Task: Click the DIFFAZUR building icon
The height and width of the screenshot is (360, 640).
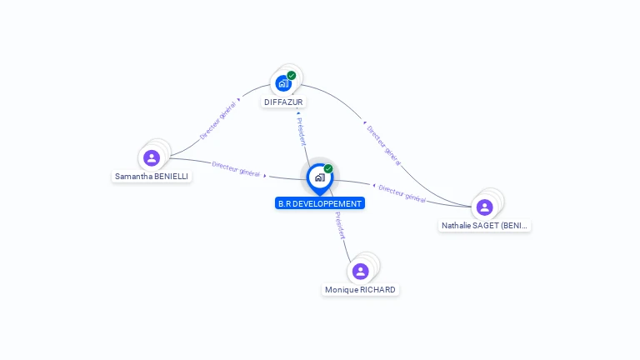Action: pos(283,83)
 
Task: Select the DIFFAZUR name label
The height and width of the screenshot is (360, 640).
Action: pos(283,102)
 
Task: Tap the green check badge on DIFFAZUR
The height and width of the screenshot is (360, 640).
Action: pos(292,76)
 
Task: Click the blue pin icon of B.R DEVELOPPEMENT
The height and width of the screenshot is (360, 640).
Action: pos(319,177)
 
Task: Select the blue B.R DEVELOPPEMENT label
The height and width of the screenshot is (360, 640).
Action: pos(320,203)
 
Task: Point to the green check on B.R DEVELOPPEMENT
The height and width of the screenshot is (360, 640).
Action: pos(328,169)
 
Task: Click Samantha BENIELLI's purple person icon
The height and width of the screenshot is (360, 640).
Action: pos(151,157)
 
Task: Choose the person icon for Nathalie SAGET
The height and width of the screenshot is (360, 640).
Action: pos(484,207)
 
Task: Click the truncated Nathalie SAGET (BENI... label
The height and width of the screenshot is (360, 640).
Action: pos(484,226)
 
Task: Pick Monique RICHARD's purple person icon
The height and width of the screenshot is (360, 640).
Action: pos(360,271)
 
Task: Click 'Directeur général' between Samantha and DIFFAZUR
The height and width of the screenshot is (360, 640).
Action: pos(218,121)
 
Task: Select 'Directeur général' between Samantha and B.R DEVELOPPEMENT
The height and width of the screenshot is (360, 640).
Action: pos(236,169)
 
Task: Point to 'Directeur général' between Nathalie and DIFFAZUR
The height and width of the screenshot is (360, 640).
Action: pos(383,145)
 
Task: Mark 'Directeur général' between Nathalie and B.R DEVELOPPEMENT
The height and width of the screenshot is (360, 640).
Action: pos(402,193)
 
